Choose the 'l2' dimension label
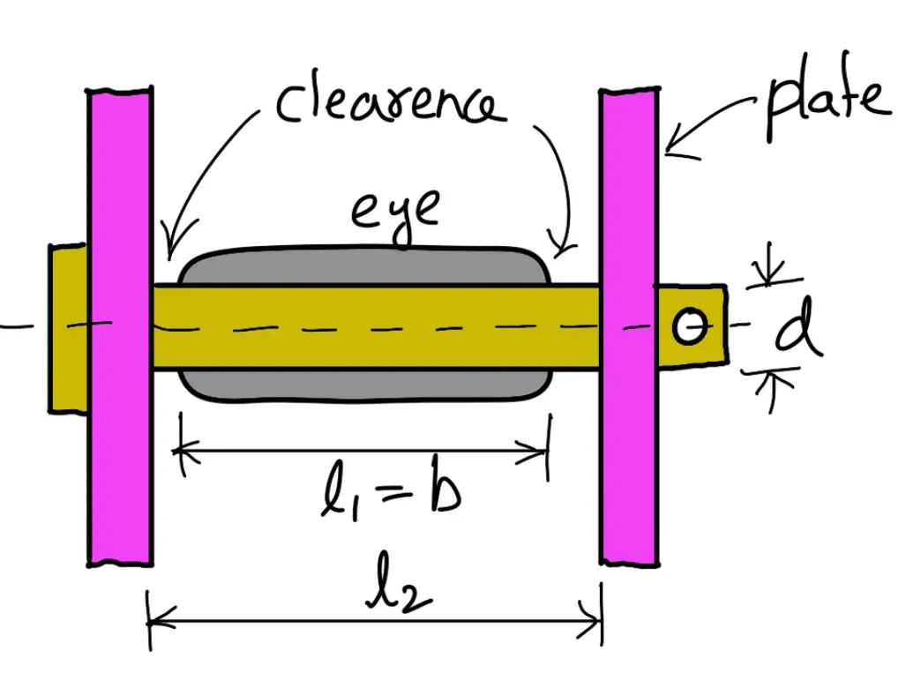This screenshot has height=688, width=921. [x=399, y=596]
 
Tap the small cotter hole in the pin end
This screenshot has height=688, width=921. [x=689, y=327]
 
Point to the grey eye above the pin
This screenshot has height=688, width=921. [x=366, y=266]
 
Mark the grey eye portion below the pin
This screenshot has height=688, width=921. [x=366, y=384]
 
